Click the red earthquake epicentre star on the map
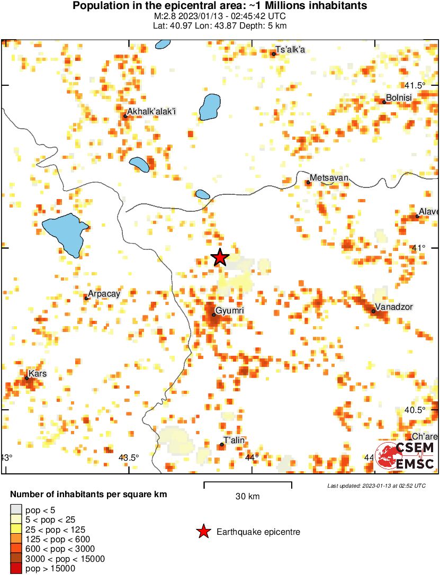click(x=220, y=257)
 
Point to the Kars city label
click(x=37, y=373)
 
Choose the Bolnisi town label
click(x=399, y=97)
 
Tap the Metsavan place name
click(x=329, y=177)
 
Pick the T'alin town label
click(x=234, y=441)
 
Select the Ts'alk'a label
click(x=291, y=50)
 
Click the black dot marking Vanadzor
click(x=373, y=311)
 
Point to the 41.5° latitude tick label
click(x=415, y=85)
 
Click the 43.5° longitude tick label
click(x=129, y=457)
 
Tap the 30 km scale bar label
click(x=247, y=496)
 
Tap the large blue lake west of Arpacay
click(x=65, y=233)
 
